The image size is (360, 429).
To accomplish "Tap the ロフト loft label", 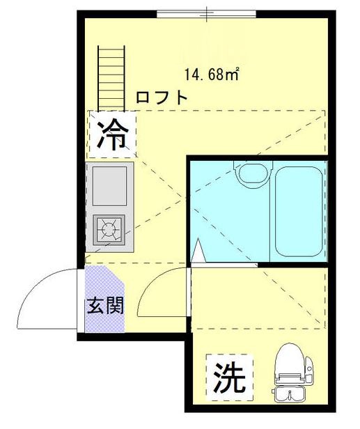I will (x=162, y=97).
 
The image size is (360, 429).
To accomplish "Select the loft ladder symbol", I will (x=110, y=77).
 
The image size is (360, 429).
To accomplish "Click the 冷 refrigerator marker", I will (x=112, y=135).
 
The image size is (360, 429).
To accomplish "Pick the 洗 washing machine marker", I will (x=229, y=377).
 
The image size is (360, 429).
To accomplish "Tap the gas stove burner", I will (x=109, y=228).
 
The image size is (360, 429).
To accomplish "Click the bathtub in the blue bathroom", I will (x=299, y=210).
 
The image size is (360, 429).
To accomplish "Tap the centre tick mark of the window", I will (x=207, y=12).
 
